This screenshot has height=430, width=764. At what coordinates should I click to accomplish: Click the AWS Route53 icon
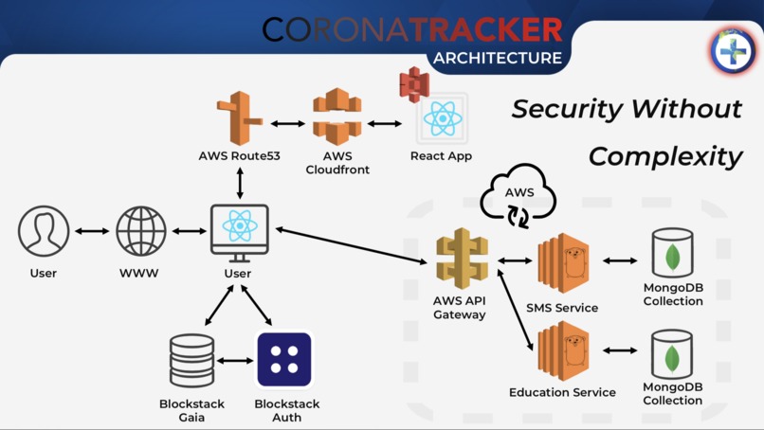tap(239, 118)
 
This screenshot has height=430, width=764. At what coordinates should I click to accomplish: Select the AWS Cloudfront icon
tap(337, 117)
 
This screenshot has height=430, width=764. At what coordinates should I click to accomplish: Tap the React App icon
tap(442, 119)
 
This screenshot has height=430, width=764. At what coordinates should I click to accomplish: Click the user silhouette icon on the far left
tap(44, 232)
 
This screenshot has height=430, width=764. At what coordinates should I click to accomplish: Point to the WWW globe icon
tap(141, 232)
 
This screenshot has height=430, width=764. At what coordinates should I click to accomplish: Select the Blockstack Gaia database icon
tap(191, 361)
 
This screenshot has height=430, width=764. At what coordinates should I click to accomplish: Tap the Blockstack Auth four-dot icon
tap(284, 360)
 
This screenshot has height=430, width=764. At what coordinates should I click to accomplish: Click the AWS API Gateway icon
tap(462, 259)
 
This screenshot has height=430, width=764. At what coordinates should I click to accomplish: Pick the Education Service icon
tap(563, 350)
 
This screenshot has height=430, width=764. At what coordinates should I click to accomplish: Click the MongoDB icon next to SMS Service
tap(672, 254)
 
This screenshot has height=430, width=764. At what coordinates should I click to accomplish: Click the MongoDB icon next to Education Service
tap(672, 353)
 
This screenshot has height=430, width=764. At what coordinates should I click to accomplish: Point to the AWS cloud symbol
tap(518, 196)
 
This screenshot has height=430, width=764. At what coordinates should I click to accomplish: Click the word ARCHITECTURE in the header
tap(498, 57)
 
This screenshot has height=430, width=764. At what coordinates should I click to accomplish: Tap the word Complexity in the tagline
tap(664, 156)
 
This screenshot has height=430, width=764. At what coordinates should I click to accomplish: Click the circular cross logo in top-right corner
tap(733, 50)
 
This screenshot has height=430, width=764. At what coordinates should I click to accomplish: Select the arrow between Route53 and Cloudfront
tap(288, 123)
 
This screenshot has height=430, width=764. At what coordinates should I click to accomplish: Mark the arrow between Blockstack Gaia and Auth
tap(237, 361)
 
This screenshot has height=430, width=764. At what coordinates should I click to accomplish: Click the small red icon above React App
tap(414, 85)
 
